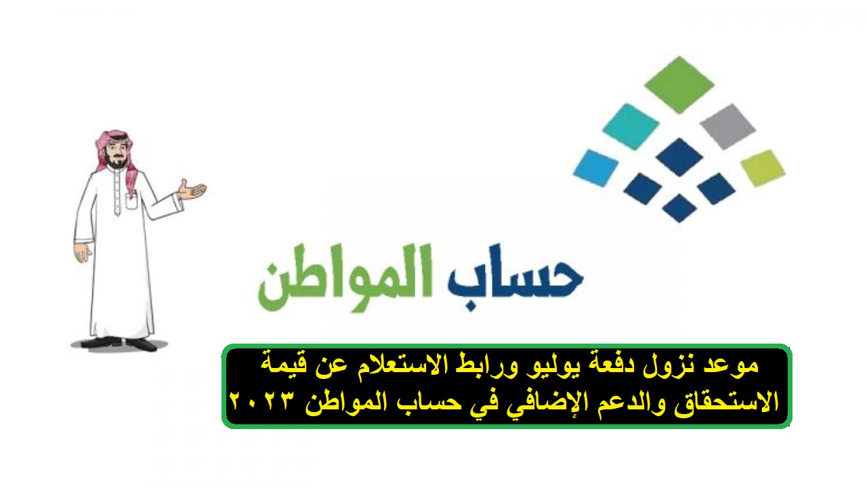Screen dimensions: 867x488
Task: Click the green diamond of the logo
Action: pos(679,85)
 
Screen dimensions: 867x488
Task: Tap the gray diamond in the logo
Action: pos(728,127)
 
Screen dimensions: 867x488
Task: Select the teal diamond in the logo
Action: pos(631,127)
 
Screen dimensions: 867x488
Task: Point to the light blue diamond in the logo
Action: pos(596,167)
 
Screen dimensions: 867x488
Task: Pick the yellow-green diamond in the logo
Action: pos(763,167)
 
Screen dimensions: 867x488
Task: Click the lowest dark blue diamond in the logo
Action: pos(679,208)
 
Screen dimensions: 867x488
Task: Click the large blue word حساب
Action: pos(515,277)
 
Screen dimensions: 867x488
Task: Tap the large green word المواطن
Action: pos(345,277)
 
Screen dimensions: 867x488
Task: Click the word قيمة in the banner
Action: pos(284,365)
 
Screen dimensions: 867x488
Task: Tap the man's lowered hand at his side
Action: pos(83,252)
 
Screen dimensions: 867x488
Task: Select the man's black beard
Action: pos(116,163)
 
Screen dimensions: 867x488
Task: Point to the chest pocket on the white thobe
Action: pos(131,201)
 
